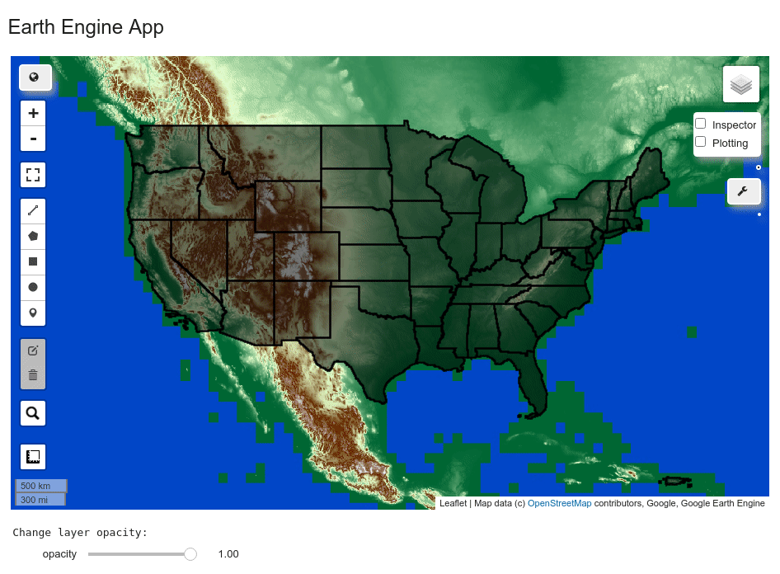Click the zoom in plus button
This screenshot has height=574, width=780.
click(x=33, y=113)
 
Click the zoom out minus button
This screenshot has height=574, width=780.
click(x=33, y=139)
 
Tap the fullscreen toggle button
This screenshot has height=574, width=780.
click(x=33, y=175)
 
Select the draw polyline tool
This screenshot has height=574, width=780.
click(x=33, y=211)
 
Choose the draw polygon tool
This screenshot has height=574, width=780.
click(x=33, y=236)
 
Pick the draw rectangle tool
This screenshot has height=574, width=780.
click(x=33, y=261)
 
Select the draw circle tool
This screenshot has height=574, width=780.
click(x=33, y=287)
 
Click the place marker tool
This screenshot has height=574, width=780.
click(x=33, y=313)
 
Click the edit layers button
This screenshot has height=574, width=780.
click(x=33, y=351)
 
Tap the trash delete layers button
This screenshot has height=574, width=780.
click(x=33, y=375)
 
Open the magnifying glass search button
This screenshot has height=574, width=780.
click(x=33, y=413)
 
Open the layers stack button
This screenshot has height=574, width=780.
click(x=741, y=84)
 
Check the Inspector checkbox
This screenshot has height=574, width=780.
click(x=701, y=124)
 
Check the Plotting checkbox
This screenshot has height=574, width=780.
click(x=701, y=142)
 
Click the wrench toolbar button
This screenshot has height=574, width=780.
click(x=743, y=192)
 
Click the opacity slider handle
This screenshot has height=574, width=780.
click(x=190, y=554)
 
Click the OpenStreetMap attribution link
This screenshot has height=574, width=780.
click(x=559, y=503)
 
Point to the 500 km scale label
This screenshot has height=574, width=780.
click(x=36, y=486)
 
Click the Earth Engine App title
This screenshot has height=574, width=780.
click(x=86, y=27)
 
